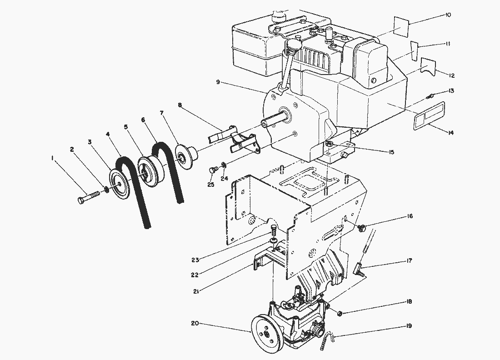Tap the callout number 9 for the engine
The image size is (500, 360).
point(218,82)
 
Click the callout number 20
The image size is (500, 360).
point(195,323)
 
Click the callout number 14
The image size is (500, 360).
point(450,133)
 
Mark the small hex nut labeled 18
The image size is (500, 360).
point(340,314)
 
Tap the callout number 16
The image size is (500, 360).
point(410,216)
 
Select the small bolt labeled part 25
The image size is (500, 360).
point(213,170)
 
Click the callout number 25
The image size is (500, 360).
point(211,185)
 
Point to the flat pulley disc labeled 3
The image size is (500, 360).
point(120,184)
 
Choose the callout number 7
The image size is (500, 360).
point(162,113)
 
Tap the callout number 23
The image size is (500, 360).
point(195,260)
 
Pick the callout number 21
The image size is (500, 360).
point(196,291)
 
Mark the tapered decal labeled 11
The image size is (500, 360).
point(414,50)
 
